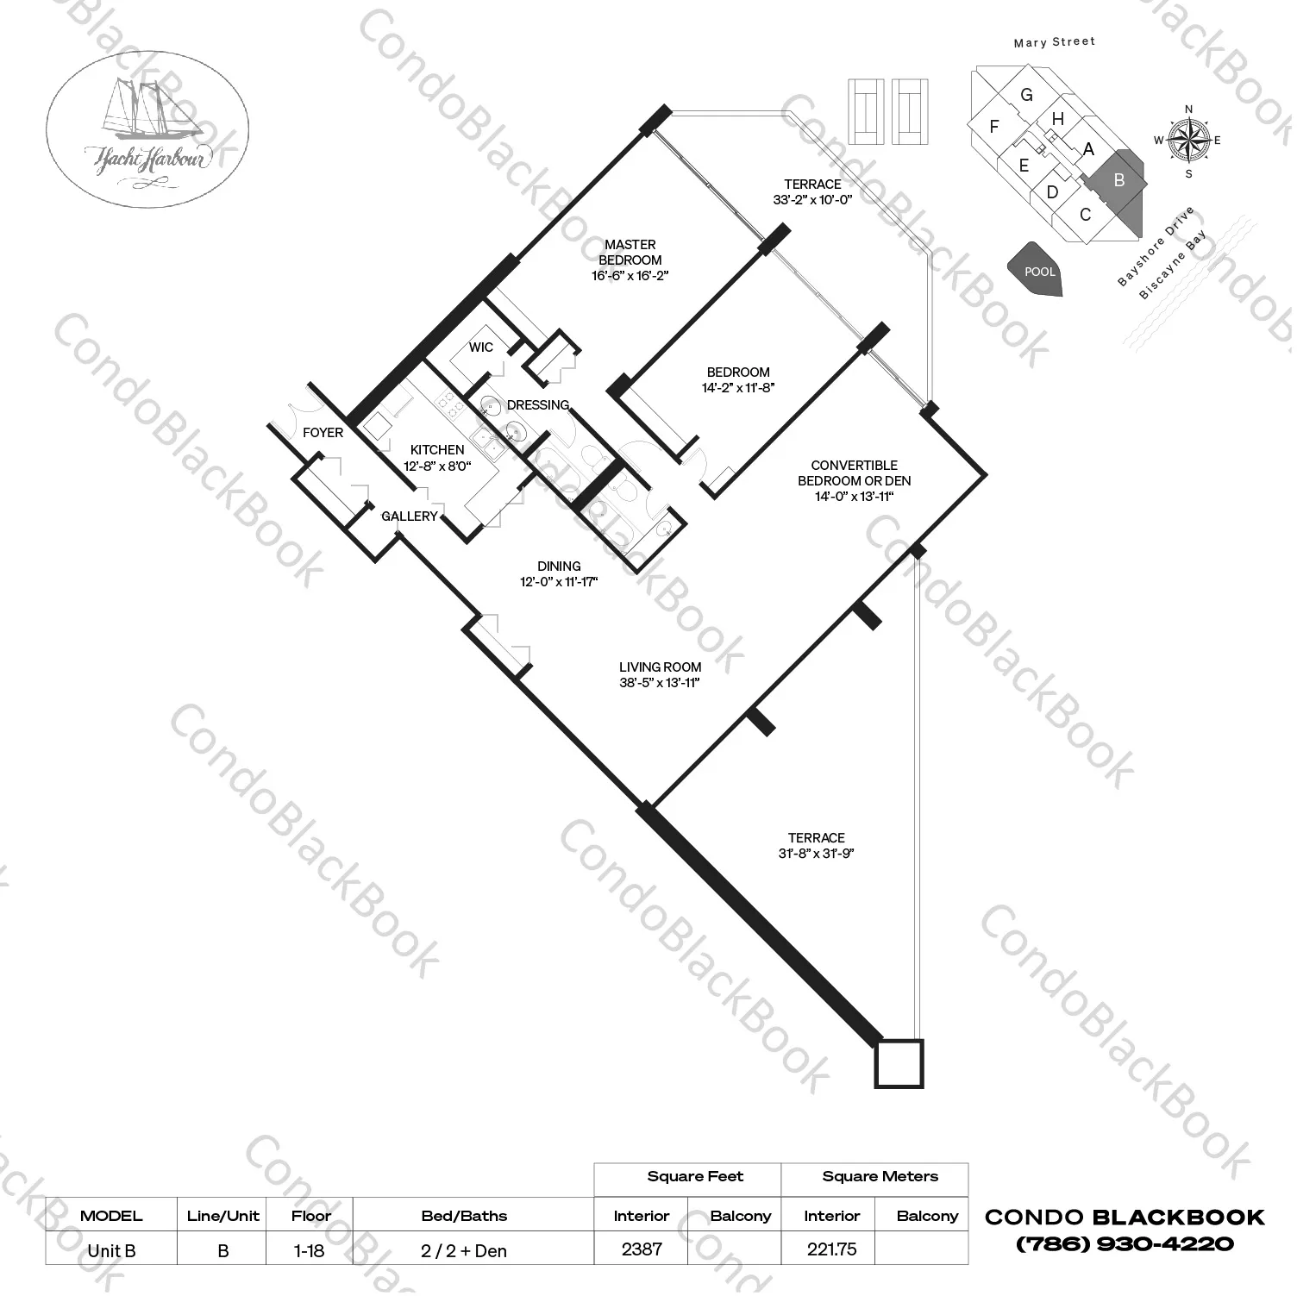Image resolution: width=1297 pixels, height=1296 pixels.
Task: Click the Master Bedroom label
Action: [630, 252]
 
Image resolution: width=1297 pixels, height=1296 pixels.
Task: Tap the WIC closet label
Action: [481, 347]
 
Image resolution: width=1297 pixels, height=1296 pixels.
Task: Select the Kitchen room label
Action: [437, 449]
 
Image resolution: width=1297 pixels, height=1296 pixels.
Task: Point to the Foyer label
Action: [323, 432]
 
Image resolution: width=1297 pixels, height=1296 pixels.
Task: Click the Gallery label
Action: [410, 516]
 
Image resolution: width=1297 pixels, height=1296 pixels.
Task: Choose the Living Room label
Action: [660, 667]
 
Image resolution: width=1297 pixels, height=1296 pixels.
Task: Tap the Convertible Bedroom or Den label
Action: [855, 473]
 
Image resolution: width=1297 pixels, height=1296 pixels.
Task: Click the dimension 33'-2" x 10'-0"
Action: [812, 200]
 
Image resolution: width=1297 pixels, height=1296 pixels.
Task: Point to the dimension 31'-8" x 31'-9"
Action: [816, 854]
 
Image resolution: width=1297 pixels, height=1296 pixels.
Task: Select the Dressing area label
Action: [538, 404]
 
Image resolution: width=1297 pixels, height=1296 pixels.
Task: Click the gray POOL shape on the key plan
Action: [1036, 269]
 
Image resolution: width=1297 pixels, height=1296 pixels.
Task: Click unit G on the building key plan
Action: [1026, 95]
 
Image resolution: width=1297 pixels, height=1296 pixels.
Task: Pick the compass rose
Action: [1188, 141]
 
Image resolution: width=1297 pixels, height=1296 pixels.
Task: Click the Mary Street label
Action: [1055, 41]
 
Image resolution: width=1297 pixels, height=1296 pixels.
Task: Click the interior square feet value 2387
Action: [642, 1249]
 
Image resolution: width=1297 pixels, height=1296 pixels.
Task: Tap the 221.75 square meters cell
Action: [831, 1249]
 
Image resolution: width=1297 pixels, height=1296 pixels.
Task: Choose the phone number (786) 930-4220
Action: [1125, 1244]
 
